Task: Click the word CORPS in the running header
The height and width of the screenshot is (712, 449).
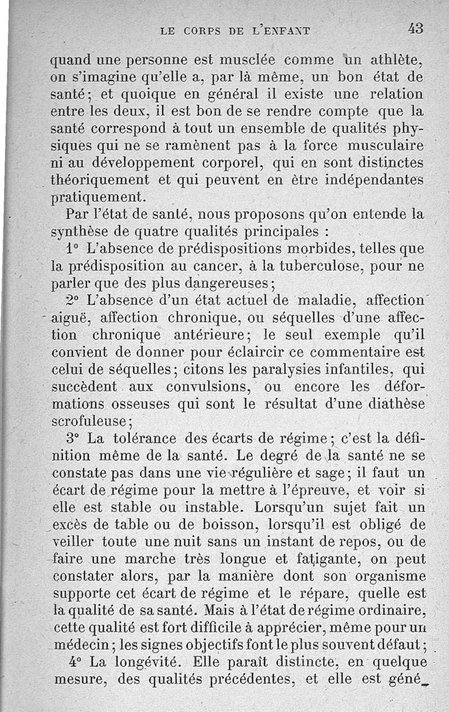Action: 200,31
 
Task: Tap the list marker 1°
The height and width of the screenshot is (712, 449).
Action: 72,249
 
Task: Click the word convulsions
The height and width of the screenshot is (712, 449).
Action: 208,387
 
